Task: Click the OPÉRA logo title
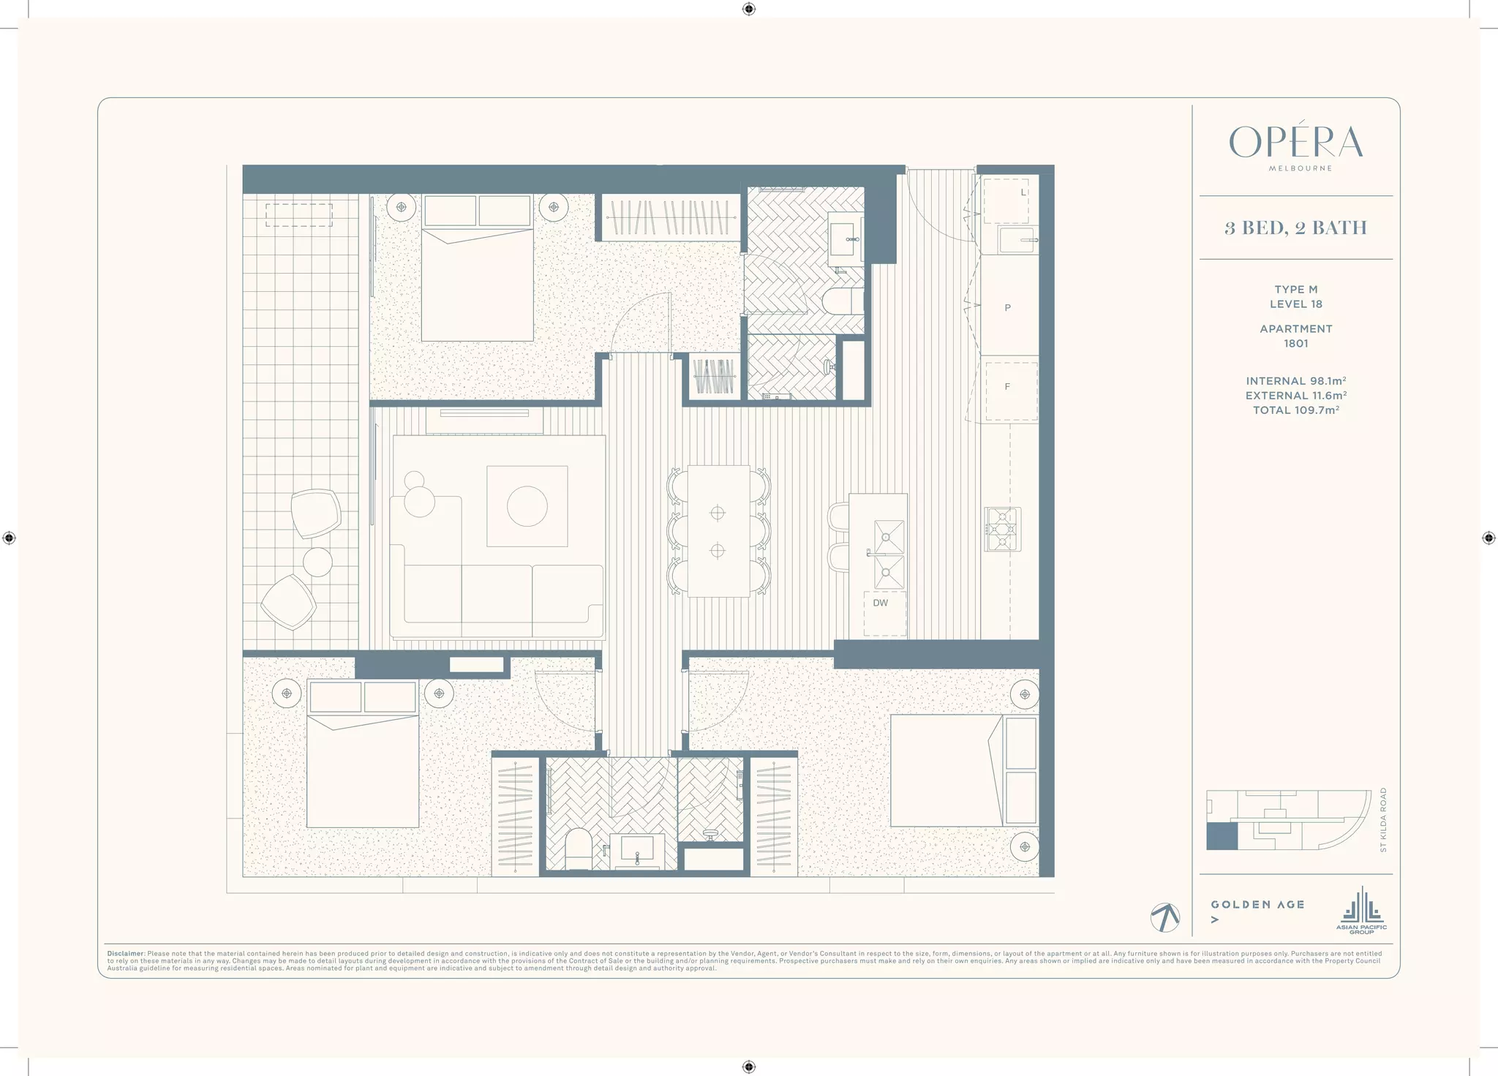pyautogui.click(x=1295, y=143)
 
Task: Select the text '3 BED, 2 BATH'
pyautogui.click(x=1295, y=227)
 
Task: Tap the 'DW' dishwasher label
pyautogui.click(x=880, y=603)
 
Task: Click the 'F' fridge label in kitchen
pyautogui.click(x=1007, y=386)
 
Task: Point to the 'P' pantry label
pyautogui.click(x=1007, y=308)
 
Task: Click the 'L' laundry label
pyautogui.click(x=1023, y=192)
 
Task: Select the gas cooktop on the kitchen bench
pyautogui.click(x=1002, y=529)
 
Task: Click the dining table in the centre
pyautogui.click(x=718, y=531)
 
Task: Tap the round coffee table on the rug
pyautogui.click(x=527, y=506)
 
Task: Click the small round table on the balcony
pyautogui.click(x=317, y=562)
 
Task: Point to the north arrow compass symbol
pyautogui.click(x=1164, y=917)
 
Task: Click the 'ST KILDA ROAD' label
pyautogui.click(x=1382, y=819)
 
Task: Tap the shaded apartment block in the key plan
pyautogui.click(x=1222, y=836)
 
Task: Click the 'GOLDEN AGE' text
pyautogui.click(x=1257, y=905)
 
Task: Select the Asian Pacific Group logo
pyautogui.click(x=1361, y=911)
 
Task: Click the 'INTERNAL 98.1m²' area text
pyautogui.click(x=1295, y=381)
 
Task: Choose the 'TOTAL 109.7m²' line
pyautogui.click(x=1295, y=410)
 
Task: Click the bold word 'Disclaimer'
pyautogui.click(x=125, y=954)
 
